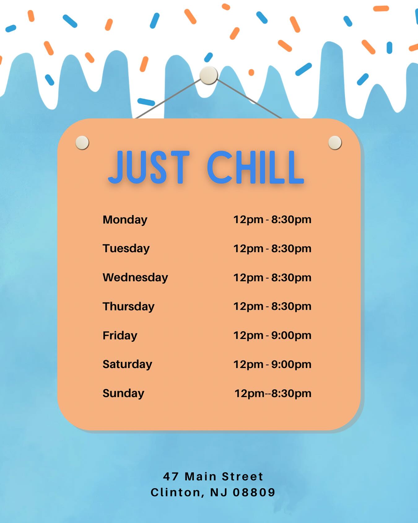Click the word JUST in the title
coord(149,167)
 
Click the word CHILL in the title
coord(255,167)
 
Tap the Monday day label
coord(125,220)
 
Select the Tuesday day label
coord(126,248)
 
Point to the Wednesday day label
coord(135,277)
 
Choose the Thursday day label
coord(128,306)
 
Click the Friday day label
coord(120,336)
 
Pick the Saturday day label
coord(127,364)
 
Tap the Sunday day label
coord(123,393)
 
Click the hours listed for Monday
coord(272,220)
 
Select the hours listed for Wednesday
coord(272,278)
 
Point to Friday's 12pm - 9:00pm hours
coord(272,335)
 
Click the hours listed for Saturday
coord(272,364)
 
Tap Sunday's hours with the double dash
coord(273,393)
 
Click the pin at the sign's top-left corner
coord(82,143)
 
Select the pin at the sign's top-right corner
coord(335,143)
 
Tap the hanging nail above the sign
coord(209,75)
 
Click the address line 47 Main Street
coord(213,477)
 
